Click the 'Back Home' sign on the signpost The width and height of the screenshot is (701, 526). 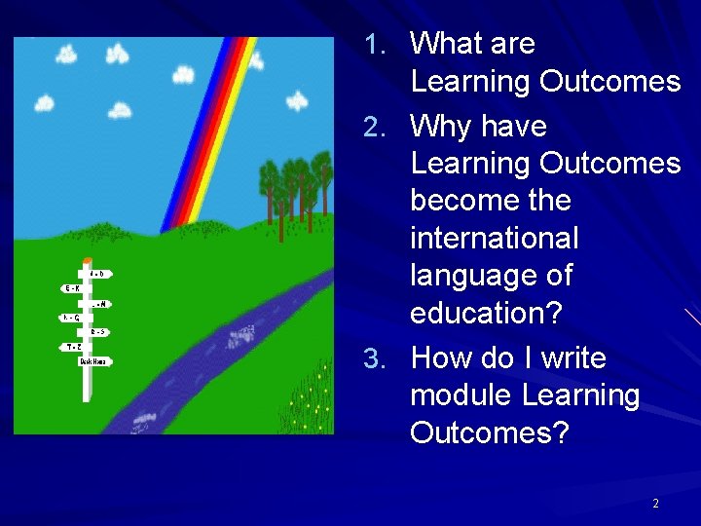[95, 361]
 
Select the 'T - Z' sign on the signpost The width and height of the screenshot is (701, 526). [73, 346]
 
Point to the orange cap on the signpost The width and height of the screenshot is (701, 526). [88, 260]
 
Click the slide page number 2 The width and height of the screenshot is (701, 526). [655, 504]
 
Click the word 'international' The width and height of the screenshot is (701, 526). [495, 238]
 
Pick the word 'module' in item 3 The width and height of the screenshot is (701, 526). [461, 395]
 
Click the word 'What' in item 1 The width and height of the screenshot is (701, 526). [447, 44]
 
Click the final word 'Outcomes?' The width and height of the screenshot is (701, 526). [489, 432]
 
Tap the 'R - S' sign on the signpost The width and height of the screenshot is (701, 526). [98, 332]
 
